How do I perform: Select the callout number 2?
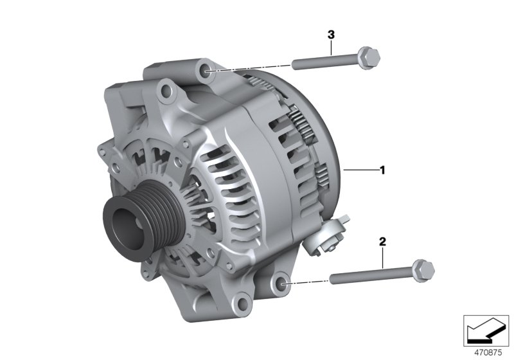pyautogui.click(x=382, y=242)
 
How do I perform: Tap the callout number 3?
pyautogui.click(x=331, y=33)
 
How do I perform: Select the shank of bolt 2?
pyautogui.click(x=360, y=277)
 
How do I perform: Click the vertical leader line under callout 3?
pyautogui.click(x=331, y=49)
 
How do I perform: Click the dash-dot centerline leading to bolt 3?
pyautogui.click(x=251, y=67)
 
